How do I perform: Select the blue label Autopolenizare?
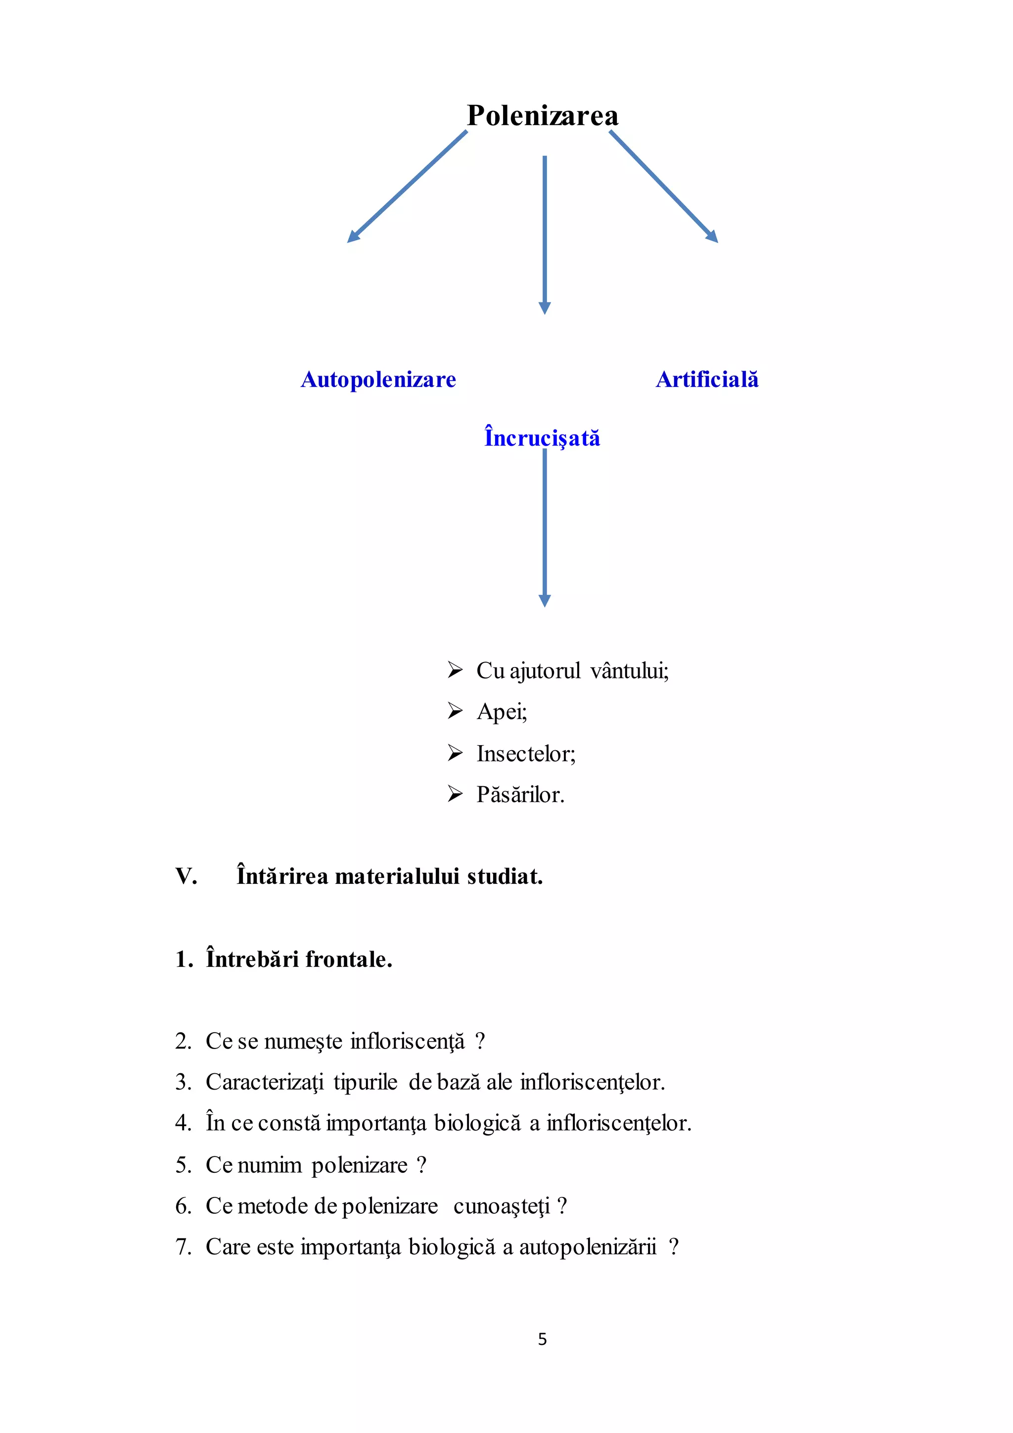378,380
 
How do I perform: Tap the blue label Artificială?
707,380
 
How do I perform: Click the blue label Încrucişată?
542,437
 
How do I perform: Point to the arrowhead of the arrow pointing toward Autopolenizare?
353,237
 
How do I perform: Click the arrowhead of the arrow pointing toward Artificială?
712,237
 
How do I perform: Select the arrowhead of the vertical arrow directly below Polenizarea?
545,308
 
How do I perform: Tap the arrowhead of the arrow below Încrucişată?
545,600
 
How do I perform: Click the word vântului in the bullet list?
629,671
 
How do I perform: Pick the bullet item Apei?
502,712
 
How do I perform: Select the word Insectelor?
525,754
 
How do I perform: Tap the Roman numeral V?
186,876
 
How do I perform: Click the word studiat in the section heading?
505,876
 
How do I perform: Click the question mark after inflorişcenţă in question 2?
480,1041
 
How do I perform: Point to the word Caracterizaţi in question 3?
265,1082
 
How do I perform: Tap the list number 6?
183,1206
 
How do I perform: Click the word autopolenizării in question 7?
588,1247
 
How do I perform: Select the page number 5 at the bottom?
542,1339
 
